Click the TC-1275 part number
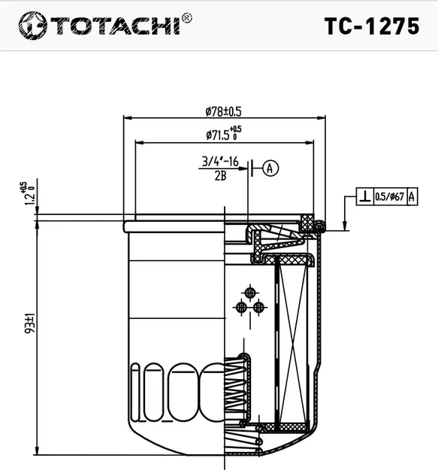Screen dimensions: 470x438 click(x=371, y=27)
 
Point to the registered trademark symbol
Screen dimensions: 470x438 click(x=186, y=17)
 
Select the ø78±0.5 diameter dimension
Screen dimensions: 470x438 click(x=223, y=111)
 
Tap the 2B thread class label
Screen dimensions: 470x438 click(x=220, y=176)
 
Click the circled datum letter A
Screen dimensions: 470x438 click(x=270, y=168)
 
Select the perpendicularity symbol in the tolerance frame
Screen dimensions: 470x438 click(x=364, y=197)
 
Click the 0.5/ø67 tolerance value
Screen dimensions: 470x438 click(x=389, y=197)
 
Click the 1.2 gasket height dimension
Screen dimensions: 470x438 click(x=28, y=193)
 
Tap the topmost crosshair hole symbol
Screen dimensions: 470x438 click(x=249, y=293)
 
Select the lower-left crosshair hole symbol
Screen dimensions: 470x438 click(x=241, y=306)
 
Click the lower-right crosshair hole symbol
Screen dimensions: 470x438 click(x=258, y=306)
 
